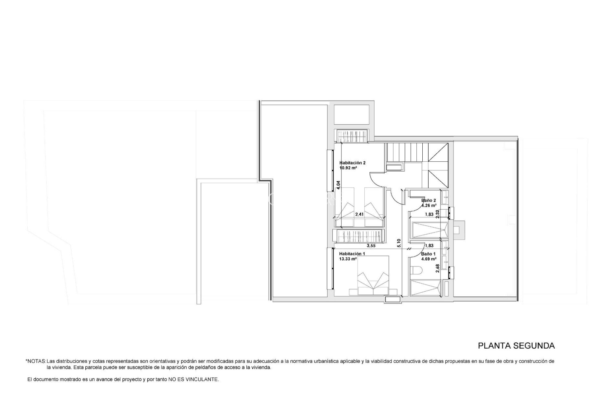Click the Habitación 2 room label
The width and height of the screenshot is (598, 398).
(x=352, y=163)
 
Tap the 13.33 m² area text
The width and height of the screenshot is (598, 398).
(x=348, y=259)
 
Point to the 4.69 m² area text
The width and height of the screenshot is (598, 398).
(x=429, y=259)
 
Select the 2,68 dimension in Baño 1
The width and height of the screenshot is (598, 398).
(x=437, y=269)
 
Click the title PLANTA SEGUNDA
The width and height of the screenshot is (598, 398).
(x=516, y=346)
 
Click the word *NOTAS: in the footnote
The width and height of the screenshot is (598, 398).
(x=36, y=361)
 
